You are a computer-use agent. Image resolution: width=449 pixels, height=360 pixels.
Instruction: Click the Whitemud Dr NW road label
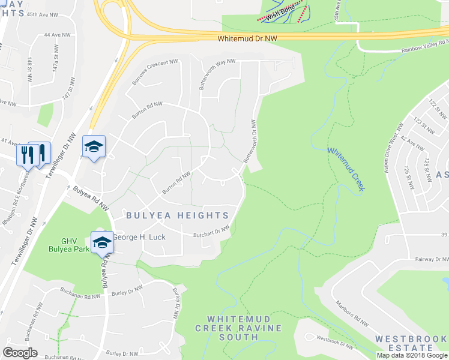[247, 38]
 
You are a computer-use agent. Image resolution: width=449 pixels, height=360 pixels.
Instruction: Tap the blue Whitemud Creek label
[346, 170]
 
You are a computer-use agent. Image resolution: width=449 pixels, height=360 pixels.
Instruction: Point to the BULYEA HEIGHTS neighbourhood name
[177, 215]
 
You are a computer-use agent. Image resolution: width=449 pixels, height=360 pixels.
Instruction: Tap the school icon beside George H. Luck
[102, 242]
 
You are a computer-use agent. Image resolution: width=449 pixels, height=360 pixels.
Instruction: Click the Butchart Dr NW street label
[211, 232]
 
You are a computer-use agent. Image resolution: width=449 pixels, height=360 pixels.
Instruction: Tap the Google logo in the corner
[20, 352]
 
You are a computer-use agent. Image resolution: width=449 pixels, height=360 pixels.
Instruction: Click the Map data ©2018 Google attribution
[412, 355]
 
